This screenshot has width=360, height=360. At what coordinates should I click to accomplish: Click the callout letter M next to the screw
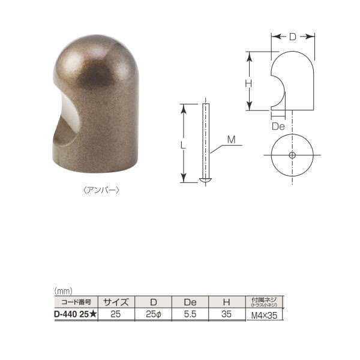tap(231, 140)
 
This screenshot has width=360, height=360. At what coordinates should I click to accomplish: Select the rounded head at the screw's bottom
tap(205, 179)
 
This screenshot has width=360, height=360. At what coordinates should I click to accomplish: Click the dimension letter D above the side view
tap(292, 37)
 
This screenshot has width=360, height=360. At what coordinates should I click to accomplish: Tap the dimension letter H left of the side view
tap(247, 84)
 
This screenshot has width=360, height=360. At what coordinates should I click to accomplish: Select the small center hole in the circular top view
tap(292, 155)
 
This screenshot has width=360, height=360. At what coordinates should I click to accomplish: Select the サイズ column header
tap(116, 302)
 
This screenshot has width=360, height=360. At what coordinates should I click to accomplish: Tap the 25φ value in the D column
tap(154, 313)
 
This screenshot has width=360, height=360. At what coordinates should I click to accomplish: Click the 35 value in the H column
tap(226, 313)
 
